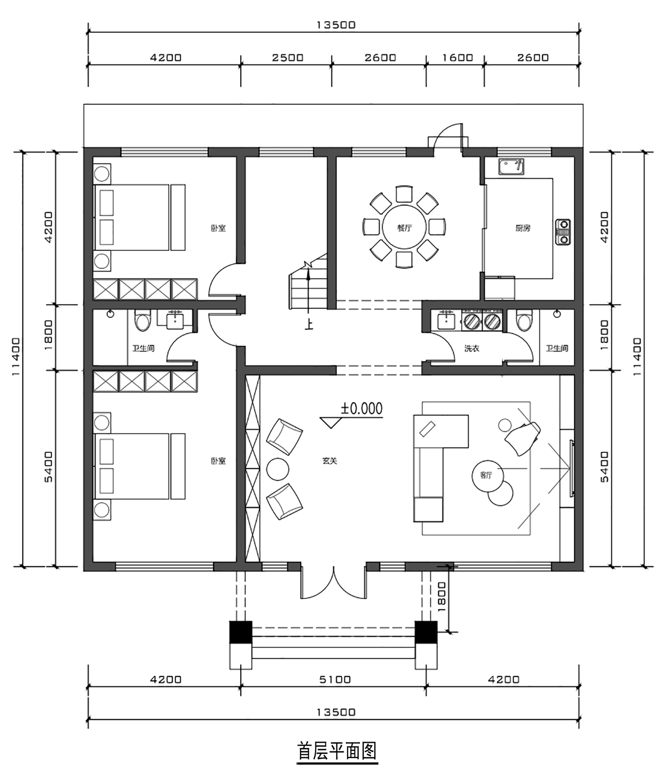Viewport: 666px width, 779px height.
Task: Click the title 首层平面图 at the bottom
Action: (337, 751)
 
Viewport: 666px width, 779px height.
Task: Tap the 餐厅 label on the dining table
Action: (404, 228)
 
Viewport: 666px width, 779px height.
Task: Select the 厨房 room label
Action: (523, 228)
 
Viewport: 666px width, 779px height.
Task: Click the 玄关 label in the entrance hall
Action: (330, 461)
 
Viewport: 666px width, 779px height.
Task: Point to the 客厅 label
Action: (486, 475)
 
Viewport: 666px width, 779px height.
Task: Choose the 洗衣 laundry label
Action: (472, 349)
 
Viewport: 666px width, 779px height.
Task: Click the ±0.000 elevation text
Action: (361, 409)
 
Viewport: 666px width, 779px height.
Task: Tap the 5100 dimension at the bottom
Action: (335, 680)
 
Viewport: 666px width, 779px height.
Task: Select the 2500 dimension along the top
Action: (288, 58)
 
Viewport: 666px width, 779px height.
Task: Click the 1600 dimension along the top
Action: (457, 58)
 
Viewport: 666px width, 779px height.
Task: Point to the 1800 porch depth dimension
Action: (442, 597)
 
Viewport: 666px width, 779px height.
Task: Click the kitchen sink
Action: (511, 167)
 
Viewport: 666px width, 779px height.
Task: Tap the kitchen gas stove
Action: (563, 232)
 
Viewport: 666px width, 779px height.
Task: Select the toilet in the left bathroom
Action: (143, 321)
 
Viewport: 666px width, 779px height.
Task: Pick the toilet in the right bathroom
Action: (524, 321)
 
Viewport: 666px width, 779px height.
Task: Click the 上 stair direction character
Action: (309, 324)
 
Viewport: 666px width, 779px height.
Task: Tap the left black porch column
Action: (241, 632)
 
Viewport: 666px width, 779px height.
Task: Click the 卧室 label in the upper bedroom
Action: (218, 228)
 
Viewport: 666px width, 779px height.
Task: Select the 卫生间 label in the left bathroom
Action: (143, 349)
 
